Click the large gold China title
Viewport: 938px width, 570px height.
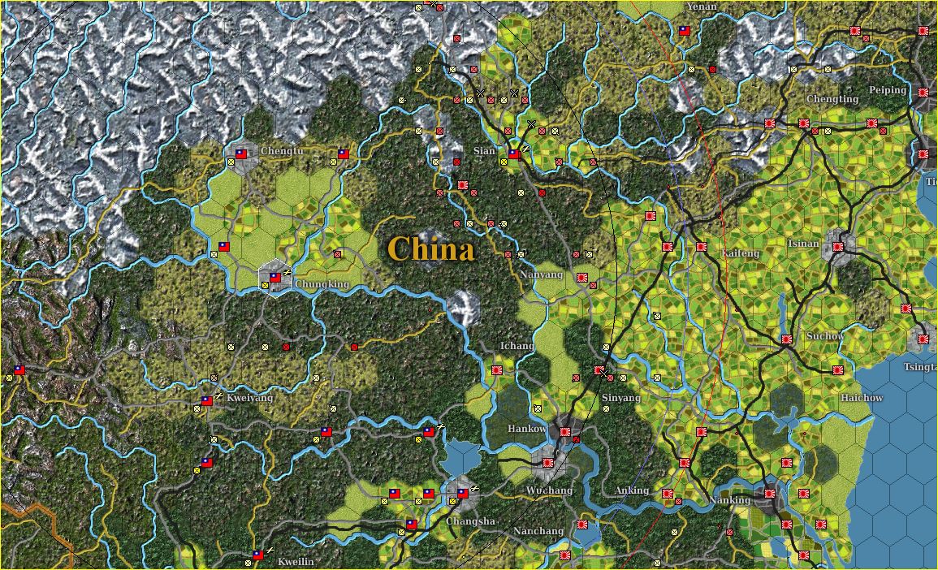click(430, 248)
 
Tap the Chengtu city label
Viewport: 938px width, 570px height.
click(283, 151)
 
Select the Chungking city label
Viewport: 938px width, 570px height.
click(322, 284)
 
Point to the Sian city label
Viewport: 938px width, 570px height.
click(484, 151)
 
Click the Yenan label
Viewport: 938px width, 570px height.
click(702, 6)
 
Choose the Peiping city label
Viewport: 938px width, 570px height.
click(888, 90)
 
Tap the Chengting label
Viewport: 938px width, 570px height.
click(832, 99)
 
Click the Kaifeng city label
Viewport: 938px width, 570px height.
click(740, 253)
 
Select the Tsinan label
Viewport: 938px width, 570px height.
click(803, 243)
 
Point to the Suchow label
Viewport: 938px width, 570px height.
click(825, 336)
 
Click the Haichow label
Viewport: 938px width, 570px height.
click(862, 398)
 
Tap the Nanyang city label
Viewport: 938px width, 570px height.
click(542, 274)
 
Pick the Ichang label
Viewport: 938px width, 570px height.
click(517, 346)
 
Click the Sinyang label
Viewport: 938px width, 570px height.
click(621, 398)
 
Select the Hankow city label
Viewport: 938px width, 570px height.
click(527, 429)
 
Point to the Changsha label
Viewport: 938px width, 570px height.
click(470, 521)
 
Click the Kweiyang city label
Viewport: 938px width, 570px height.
click(250, 399)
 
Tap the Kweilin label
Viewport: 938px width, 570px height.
click(296, 562)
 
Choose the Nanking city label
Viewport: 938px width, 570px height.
click(729, 500)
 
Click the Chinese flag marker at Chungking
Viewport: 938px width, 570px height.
click(275, 278)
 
